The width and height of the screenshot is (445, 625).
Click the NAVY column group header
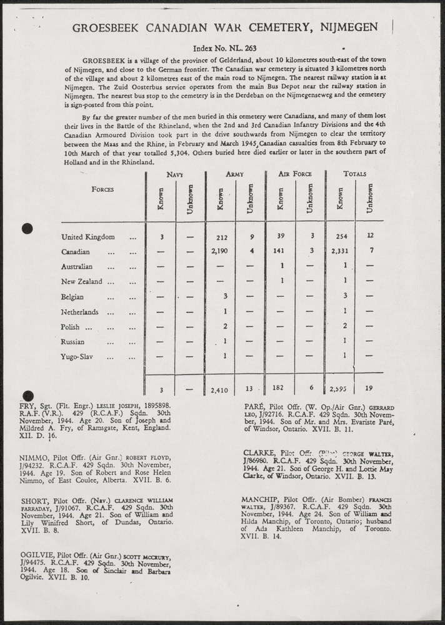(174, 174)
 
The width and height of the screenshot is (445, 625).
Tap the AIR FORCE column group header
(295, 174)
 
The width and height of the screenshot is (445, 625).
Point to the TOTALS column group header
(354, 174)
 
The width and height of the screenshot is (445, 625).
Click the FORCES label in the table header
(102, 189)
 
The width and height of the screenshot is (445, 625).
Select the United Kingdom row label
(88, 237)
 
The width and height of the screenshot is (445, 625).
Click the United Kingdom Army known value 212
(221, 237)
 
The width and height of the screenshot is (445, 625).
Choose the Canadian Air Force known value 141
(280, 252)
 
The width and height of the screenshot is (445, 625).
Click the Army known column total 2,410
(219, 390)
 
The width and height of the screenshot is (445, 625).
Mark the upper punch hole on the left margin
(27, 229)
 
